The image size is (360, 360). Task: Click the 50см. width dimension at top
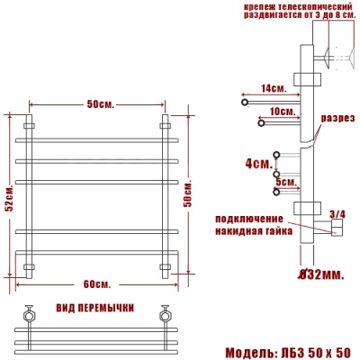[99, 104]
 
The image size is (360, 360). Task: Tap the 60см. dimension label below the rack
[97, 284]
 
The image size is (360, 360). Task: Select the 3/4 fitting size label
[337, 214]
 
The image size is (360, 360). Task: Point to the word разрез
[337, 118]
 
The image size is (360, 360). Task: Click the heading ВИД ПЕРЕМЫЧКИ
[96, 308]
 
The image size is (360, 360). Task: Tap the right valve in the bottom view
[165, 316]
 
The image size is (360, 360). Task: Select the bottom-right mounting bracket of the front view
[166, 267]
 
